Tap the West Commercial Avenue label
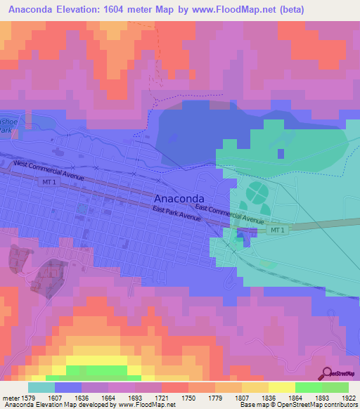[49, 171]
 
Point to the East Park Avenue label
[176, 214]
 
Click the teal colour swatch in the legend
[41, 387]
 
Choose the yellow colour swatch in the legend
[281, 387]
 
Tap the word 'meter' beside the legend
[10, 397]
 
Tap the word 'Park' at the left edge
[6, 130]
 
